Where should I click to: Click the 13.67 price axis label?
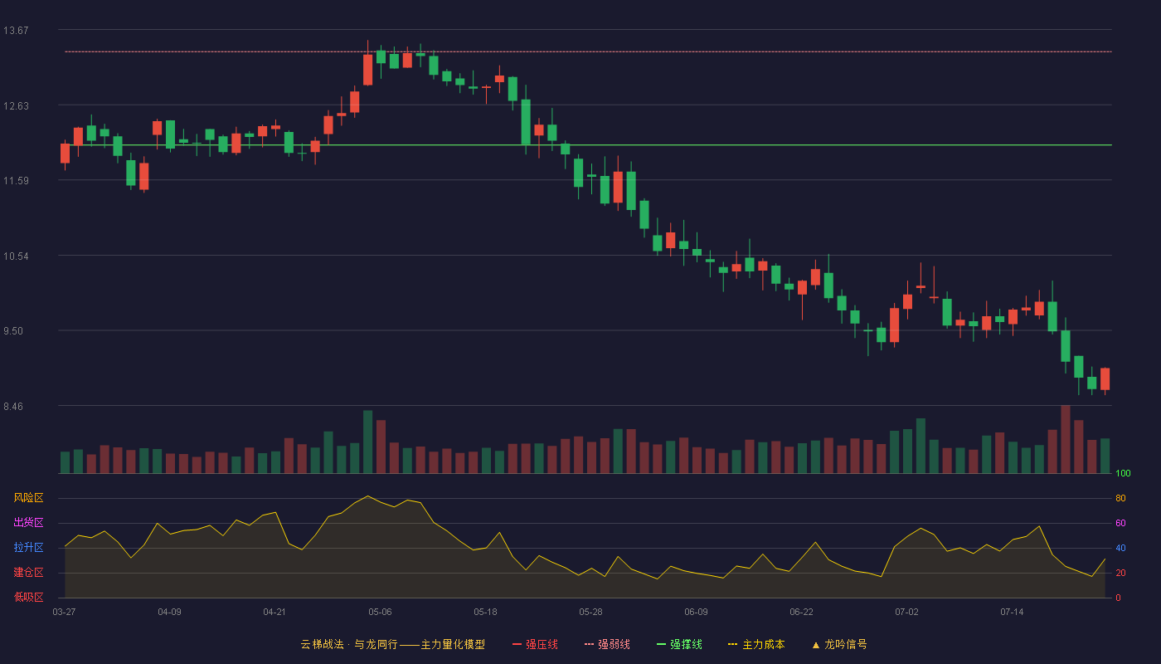[x=16, y=31]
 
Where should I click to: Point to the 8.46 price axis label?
[x=13, y=407]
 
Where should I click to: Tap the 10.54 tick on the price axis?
[x=16, y=256]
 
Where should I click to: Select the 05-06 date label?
[x=380, y=613]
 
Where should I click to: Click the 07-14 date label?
[x=1012, y=613]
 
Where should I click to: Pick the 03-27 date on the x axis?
[x=65, y=613]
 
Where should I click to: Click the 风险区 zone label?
[x=28, y=498]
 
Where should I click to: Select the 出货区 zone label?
[x=28, y=522]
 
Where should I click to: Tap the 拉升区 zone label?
[x=28, y=547]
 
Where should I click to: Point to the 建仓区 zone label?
[x=28, y=572]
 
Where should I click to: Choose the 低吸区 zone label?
[x=28, y=597]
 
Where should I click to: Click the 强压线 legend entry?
[x=536, y=644]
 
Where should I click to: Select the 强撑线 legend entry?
[x=679, y=644]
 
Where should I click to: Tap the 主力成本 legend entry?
[x=756, y=644]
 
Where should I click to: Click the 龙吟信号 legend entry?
[x=839, y=644]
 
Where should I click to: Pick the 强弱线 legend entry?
[x=607, y=644]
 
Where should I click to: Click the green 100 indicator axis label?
[x=1123, y=473]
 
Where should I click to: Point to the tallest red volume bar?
[x=1066, y=439]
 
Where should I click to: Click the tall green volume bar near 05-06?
[x=368, y=442]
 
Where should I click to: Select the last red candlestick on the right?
[x=1105, y=379]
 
